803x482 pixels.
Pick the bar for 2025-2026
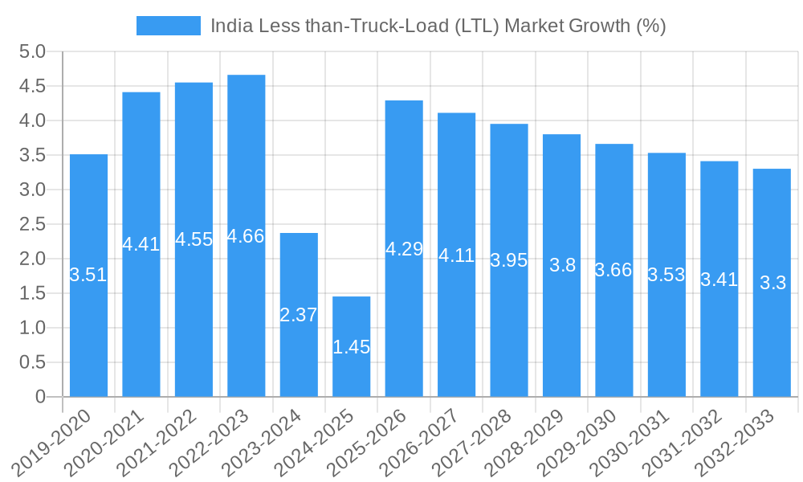click(404, 321)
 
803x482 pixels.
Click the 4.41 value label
click(141, 244)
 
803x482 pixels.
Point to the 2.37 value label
click(299, 315)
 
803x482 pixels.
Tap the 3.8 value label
click(562, 265)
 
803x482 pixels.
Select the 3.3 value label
click(772, 283)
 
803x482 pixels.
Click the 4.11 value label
click(456, 256)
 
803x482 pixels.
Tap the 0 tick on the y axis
click(41, 397)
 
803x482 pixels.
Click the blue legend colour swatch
click(169, 26)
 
